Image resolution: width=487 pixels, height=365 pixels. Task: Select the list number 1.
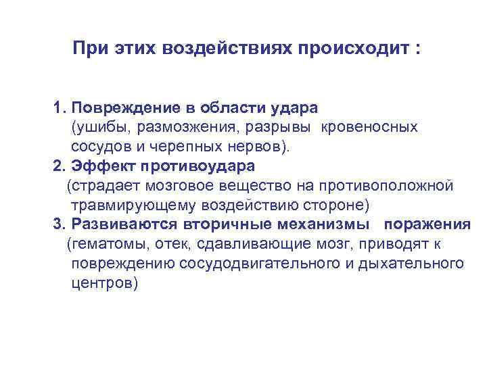click(x=58, y=108)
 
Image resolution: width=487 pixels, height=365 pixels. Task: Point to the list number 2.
click(x=58, y=166)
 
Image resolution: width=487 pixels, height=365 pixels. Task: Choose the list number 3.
click(x=58, y=224)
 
